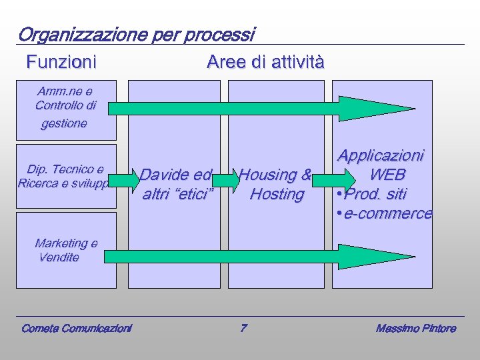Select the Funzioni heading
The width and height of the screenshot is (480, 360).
coord(61,63)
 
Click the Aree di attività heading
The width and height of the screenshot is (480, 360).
coord(265,63)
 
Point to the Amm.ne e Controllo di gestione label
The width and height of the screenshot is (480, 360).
coord(65,107)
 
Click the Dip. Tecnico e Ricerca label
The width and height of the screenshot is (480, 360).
coord(65,176)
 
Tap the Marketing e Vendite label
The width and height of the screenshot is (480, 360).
coord(65,250)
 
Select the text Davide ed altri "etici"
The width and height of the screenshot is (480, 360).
coord(177,185)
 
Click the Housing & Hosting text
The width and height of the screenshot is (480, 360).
coord(275,185)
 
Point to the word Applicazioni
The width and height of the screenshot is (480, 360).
coord(380,155)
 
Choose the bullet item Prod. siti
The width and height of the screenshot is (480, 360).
coord(375,194)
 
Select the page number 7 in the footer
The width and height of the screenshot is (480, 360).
coord(243,328)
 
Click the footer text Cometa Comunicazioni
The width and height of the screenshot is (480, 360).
coord(76,328)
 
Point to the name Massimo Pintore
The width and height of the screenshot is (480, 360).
coord(415,328)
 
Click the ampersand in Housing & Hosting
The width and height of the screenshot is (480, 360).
coord(306,175)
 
